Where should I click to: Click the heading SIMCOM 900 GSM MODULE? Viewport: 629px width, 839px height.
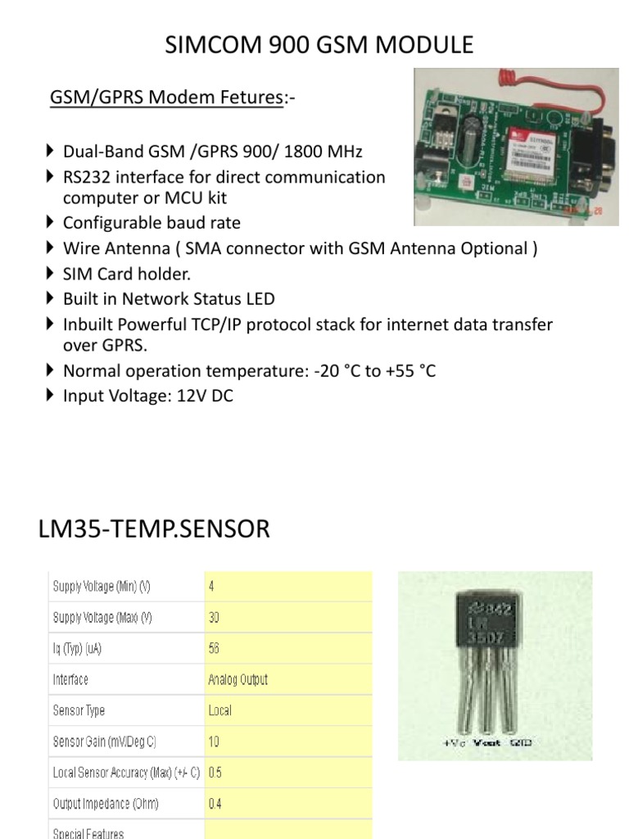319,44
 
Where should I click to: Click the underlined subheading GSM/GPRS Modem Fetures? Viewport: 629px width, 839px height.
165,98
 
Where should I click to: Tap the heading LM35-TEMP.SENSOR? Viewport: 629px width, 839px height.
154,528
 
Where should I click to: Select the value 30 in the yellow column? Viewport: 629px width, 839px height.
215,618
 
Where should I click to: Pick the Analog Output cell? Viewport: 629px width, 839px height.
238,679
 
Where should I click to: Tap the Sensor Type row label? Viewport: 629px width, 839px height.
79,710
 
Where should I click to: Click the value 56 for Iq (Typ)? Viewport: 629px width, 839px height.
215,648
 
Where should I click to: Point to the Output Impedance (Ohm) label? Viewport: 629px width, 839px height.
106,803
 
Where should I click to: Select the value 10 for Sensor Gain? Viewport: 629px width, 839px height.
215,741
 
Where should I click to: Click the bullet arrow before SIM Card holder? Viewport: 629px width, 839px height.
51,274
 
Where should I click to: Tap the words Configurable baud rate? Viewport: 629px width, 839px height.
152,223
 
